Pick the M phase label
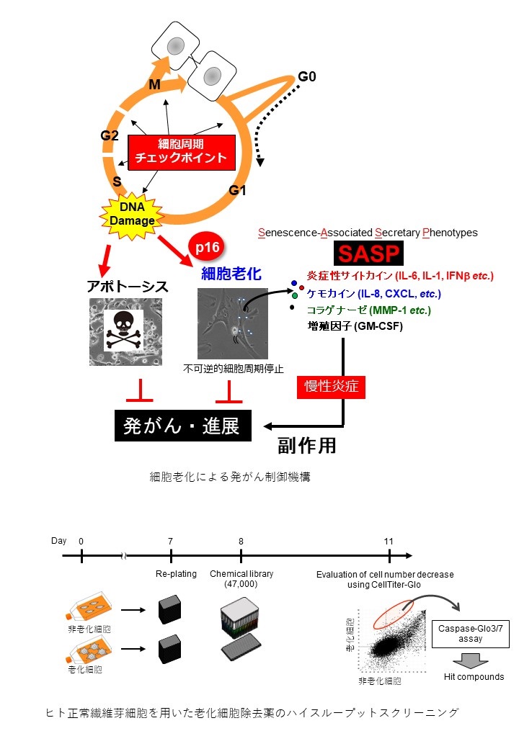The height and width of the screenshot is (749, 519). point(154,85)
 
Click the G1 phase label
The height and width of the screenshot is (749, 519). point(238,190)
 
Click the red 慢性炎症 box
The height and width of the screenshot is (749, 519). point(332,387)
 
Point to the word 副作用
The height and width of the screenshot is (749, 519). point(307,445)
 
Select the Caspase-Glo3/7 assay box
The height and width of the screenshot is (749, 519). point(469,633)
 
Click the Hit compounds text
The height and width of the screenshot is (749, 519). point(474,676)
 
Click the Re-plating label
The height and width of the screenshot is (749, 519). point(171,574)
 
